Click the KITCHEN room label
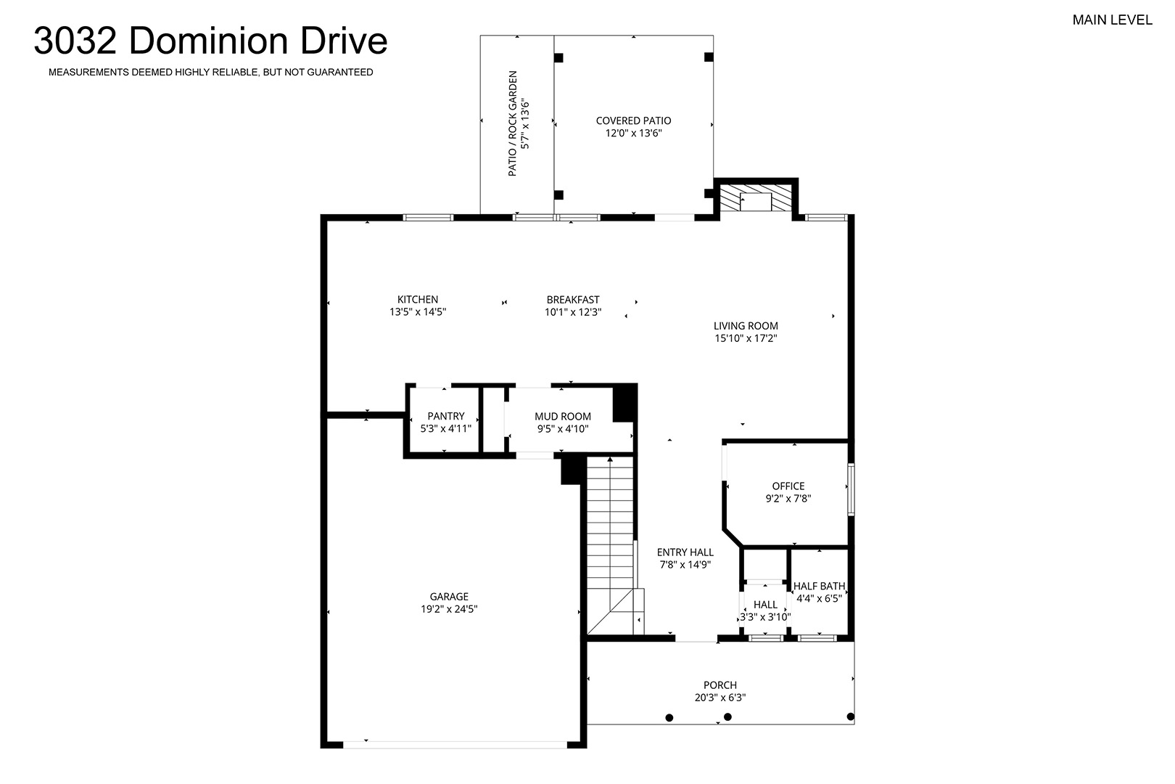coord(418,299)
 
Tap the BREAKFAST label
coord(573,300)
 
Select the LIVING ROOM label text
coord(746,326)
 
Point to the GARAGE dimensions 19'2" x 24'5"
coord(449,609)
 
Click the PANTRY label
coord(446,417)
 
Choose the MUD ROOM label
coord(563,417)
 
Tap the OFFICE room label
coord(788,486)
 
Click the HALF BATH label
coord(820,586)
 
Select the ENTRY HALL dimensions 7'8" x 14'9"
coord(685,565)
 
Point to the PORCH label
coord(720,685)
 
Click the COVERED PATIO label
coord(634,121)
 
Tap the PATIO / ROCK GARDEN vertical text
coord(513,123)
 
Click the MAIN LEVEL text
coord(1113,20)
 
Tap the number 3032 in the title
coord(75,41)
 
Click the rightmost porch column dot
coord(850,716)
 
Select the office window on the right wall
coord(852,489)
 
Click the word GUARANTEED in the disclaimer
coord(340,73)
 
